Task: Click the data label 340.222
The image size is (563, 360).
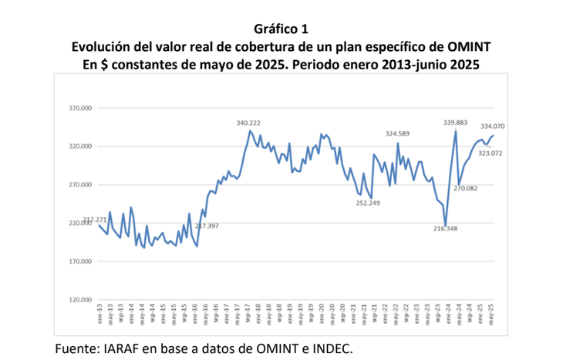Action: click(252, 123)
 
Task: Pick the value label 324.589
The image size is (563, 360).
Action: click(401, 134)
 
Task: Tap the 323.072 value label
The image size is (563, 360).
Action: click(491, 153)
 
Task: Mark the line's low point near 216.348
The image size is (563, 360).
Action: click(446, 224)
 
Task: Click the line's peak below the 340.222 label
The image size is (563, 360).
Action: click(250, 131)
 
